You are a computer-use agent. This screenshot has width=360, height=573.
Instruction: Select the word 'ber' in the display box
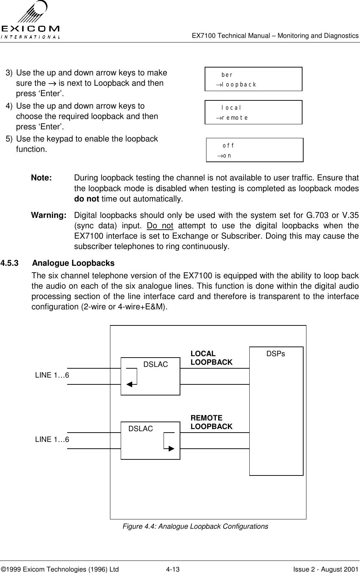click(227, 75)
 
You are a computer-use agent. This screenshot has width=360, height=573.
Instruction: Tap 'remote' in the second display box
click(235, 118)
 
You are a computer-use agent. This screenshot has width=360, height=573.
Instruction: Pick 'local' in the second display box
click(231, 108)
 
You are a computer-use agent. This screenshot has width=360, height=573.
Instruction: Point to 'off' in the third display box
click(229, 146)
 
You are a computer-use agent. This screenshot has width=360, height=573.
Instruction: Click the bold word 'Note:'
click(41, 178)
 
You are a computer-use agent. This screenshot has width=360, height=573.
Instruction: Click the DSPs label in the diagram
click(276, 354)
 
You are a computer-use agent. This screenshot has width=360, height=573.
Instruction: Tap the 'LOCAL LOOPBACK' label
click(211, 358)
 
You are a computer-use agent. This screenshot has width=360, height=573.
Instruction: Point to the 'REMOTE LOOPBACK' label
click(211, 422)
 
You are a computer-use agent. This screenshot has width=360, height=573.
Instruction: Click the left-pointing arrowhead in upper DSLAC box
click(129, 384)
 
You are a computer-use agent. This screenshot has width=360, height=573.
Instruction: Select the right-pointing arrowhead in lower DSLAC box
click(171, 448)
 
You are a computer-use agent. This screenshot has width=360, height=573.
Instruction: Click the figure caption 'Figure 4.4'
click(195, 526)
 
